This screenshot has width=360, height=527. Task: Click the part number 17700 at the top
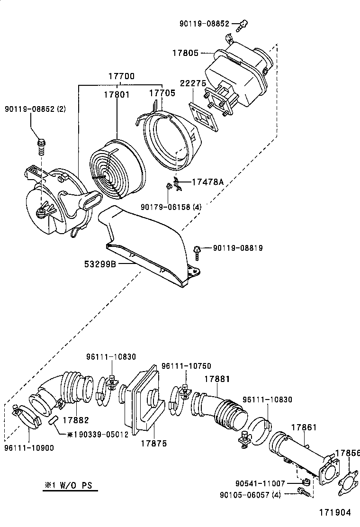coord(121,76)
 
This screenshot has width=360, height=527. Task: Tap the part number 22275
coord(192,83)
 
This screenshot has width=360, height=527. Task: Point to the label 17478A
coord(207,182)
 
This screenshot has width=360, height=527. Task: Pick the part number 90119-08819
coord(238,248)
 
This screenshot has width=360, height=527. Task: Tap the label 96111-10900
coord(29,447)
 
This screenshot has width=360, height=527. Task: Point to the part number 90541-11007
coord(260,483)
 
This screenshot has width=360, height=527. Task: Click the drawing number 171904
coord(334,512)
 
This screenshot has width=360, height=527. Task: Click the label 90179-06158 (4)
coord(171,207)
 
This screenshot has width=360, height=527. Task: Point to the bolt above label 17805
coord(243,24)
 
